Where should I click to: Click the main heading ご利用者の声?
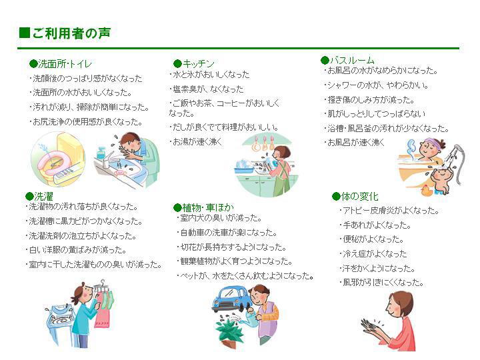pos(71,33)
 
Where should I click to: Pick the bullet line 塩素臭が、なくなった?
pos(206,89)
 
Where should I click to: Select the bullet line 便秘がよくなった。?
pos(371,239)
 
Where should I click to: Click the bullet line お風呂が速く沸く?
pos(354,143)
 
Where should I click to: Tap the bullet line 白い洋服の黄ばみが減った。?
pos(76,250)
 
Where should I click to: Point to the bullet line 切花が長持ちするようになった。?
pos(231,247)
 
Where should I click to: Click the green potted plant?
pos(229,331)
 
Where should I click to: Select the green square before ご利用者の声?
pos(25,33)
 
